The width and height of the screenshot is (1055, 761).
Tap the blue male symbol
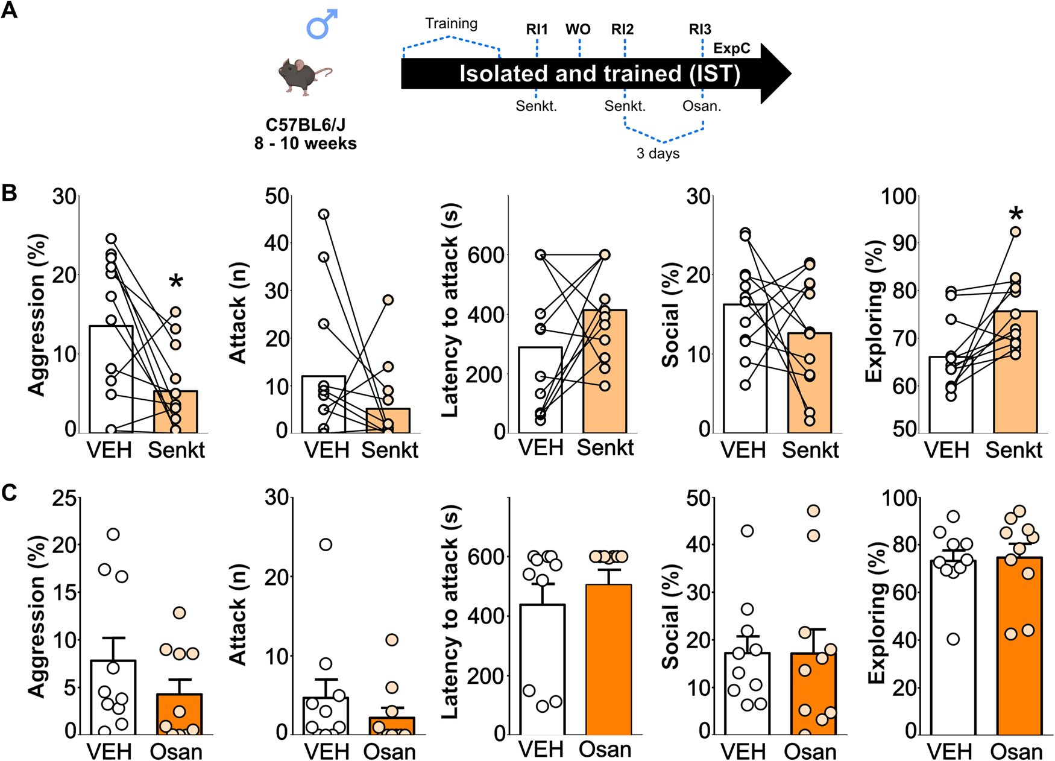click(x=322, y=25)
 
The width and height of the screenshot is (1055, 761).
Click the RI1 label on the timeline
click(x=537, y=30)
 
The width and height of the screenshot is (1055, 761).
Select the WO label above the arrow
click(x=578, y=30)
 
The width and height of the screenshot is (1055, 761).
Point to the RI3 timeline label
click(x=700, y=30)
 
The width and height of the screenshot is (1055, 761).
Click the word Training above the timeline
click(x=451, y=24)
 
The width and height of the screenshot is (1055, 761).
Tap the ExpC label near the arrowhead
click(x=731, y=48)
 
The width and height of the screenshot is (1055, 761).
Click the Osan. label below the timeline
click(x=702, y=106)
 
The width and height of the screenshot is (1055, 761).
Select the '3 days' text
click(x=658, y=153)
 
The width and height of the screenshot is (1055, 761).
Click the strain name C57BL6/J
click(x=305, y=125)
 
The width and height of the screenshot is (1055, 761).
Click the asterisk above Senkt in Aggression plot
click(x=175, y=282)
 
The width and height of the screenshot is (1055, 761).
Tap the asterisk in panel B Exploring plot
click(x=1016, y=214)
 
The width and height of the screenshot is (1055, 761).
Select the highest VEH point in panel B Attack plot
click(x=324, y=214)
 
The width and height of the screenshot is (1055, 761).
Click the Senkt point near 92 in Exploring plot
click(x=1016, y=232)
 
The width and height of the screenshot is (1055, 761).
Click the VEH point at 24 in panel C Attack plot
click(x=326, y=545)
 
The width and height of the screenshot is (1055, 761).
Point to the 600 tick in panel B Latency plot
click(x=487, y=255)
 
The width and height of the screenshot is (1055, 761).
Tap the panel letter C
click(x=9, y=493)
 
